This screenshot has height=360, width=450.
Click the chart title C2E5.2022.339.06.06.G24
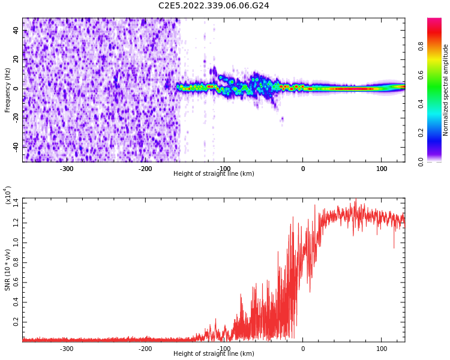214,5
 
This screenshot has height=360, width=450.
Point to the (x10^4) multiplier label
8,195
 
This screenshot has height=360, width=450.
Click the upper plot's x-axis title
214,174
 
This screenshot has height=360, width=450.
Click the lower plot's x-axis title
214,353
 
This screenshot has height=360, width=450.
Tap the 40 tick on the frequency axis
16,31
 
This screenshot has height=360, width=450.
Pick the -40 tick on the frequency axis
15,146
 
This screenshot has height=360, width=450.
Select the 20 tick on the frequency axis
16,59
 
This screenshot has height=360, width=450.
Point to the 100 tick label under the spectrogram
382,169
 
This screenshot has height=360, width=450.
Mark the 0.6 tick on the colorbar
421,74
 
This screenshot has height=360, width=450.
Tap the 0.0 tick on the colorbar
421,161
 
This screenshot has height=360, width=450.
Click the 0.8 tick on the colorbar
421,46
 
